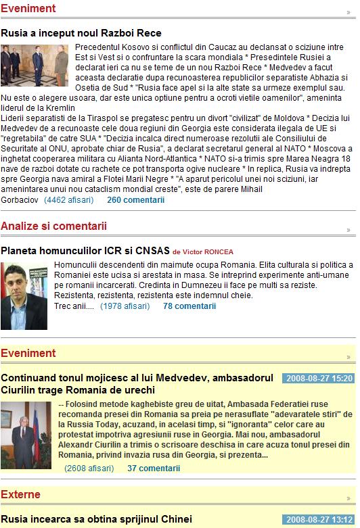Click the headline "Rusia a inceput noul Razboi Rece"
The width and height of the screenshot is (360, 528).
81,33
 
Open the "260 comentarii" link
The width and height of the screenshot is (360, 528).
135,200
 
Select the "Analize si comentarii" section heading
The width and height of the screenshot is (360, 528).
53,226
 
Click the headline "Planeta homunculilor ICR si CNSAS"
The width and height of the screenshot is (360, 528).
85,251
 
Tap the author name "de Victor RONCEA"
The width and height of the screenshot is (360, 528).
203,251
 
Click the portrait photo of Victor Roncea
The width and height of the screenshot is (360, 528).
24,295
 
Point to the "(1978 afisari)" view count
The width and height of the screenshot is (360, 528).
125,306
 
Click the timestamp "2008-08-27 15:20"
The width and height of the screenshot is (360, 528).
317,378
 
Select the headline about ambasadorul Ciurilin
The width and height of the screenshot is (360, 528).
137,383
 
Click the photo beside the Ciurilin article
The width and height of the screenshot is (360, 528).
26,435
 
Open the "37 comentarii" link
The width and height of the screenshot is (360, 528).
154,468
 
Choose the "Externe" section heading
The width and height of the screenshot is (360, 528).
20,495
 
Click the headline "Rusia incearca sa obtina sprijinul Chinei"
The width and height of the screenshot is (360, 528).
96,520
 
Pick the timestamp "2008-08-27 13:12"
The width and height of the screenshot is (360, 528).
317,520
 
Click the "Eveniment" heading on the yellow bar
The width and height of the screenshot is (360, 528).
28,353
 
